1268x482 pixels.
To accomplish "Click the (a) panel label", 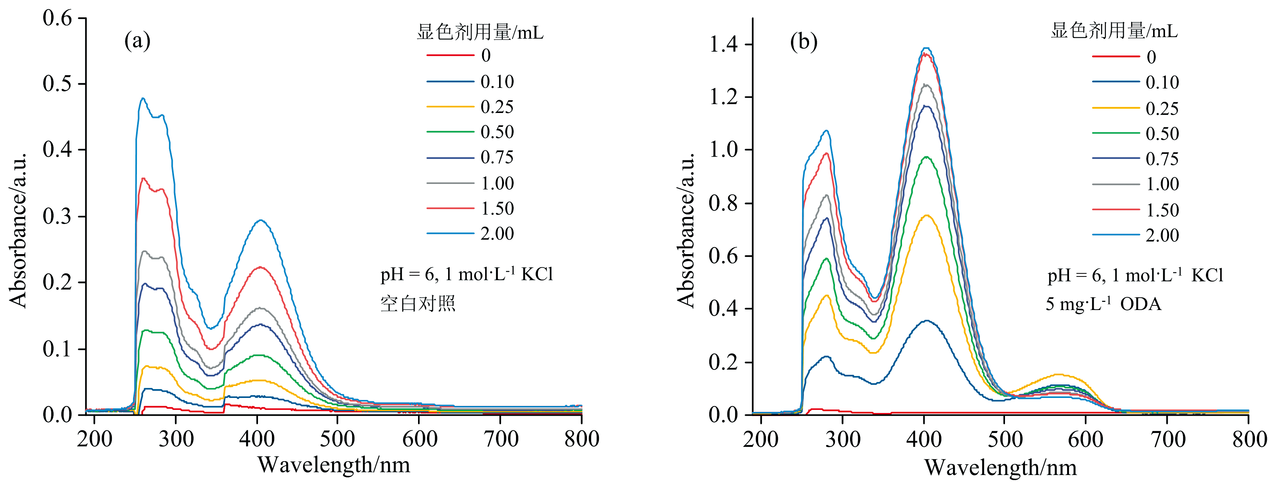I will point(137,41).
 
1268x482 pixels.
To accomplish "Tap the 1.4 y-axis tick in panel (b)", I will point(723,45).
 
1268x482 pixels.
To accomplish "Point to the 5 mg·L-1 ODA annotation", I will point(1103,304).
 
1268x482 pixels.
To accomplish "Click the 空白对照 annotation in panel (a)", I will point(417,303).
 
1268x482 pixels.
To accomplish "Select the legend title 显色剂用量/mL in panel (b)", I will point(1114,31).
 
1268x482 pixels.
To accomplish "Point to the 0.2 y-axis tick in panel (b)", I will point(723,362).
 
